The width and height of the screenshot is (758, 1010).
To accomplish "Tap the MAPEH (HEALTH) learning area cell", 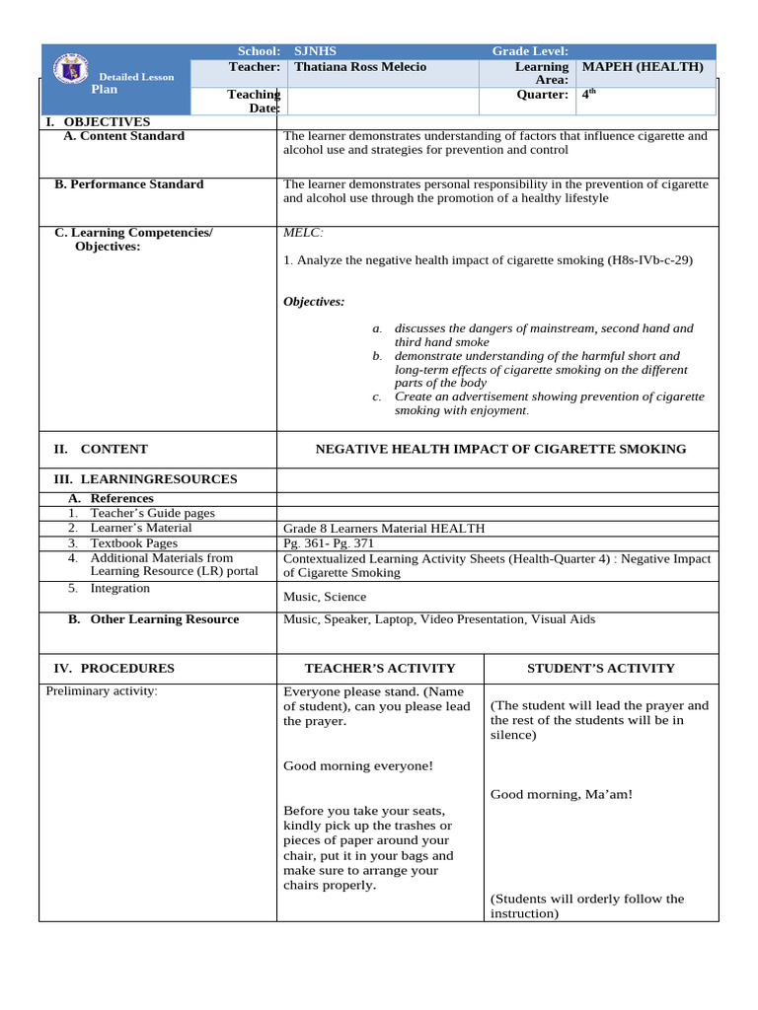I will (643, 67).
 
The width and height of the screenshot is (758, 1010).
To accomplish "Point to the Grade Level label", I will (530, 51).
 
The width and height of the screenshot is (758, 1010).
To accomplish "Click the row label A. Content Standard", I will (123, 136).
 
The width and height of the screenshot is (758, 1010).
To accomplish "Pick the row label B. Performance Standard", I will (128, 184).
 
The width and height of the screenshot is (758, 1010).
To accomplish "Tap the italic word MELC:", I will (303, 233).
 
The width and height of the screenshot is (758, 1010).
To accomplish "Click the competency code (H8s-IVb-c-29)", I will (649, 260).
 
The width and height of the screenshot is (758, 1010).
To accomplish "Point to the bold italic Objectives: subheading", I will (314, 302).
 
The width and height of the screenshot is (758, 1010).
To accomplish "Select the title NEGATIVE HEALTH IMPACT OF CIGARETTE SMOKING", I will (499, 449).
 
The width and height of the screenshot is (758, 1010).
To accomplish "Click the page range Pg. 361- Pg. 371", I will (329, 543).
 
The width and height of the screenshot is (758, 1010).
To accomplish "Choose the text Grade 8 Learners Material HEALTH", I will (384, 529).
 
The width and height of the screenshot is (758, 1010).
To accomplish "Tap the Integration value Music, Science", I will (324, 597).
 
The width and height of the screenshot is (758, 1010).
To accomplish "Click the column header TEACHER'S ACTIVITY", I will (380, 668).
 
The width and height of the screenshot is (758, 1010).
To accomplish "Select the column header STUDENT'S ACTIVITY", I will (600, 668).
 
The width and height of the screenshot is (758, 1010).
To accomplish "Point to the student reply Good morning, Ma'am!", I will (561, 794).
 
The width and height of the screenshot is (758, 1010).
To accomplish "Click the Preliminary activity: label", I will (102, 690).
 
